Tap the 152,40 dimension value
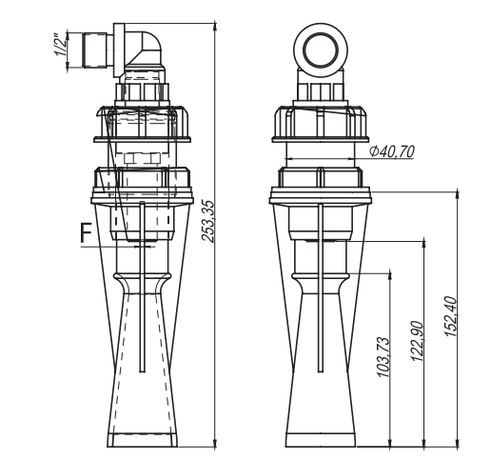[x=450, y=316]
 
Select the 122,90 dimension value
[x=418, y=341]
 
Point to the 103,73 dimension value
[x=383, y=357]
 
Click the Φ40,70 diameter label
[x=392, y=151]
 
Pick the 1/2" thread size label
[x=60, y=45]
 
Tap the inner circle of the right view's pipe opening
[x=321, y=50]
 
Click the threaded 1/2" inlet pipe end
[x=94, y=50]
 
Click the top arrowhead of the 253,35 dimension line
[x=215, y=27]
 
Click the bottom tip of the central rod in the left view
[x=142, y=371]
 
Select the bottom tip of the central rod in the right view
[x=321, y=371]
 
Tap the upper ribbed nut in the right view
[x=321, y=124]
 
